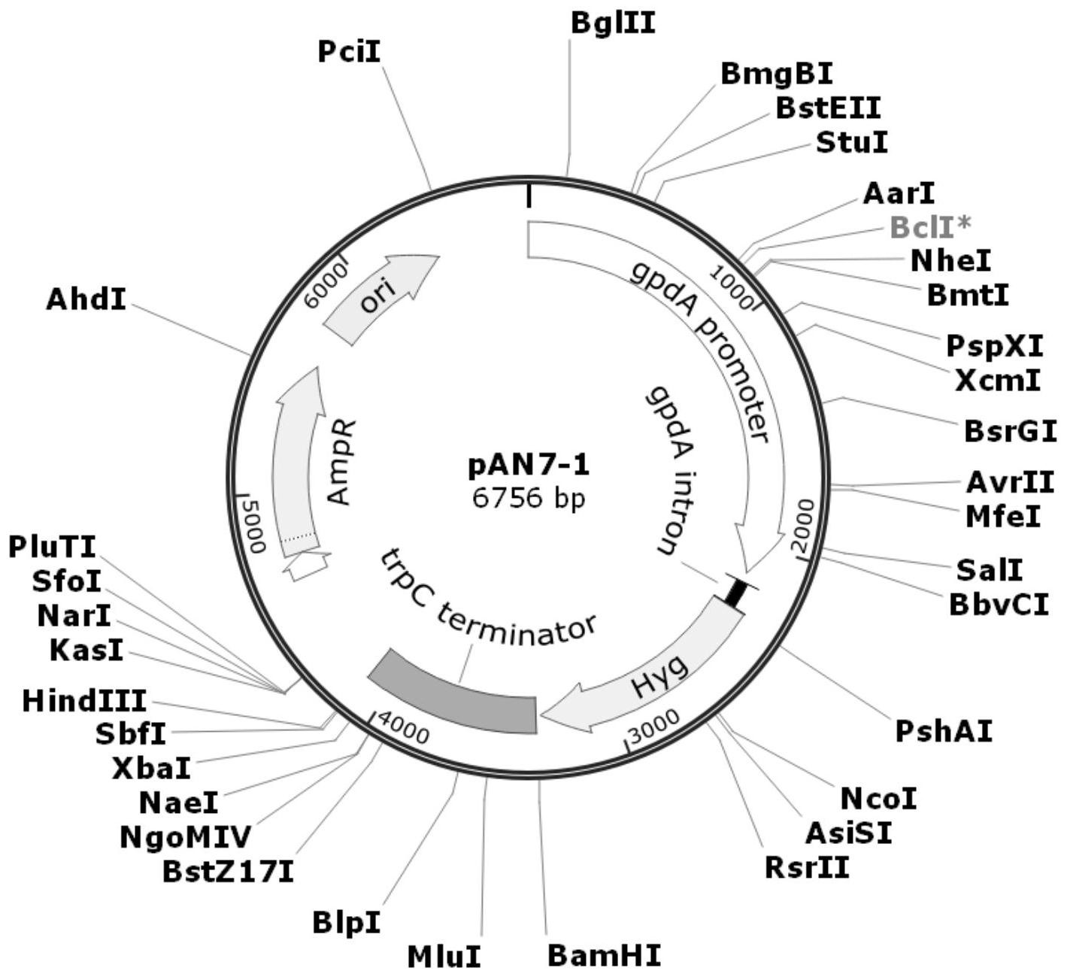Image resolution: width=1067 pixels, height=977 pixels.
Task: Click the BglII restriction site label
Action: click(x=613, y=23)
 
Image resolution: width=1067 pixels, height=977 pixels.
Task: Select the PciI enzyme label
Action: click(x=349, y=52)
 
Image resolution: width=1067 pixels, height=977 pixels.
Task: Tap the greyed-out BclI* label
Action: click(x=931, y=226)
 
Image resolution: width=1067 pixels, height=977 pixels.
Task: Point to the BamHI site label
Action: click(x=604, y=957)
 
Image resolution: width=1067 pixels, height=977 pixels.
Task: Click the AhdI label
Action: click(x=86, y=299)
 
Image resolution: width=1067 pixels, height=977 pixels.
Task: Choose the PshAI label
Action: click(x=944, y=730)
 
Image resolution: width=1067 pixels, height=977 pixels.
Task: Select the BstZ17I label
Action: click(x=228, y=872)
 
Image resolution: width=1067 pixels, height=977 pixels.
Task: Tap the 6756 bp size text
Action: click(x=529, y=498)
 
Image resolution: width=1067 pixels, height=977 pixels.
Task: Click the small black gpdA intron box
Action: click(x=735, y=590)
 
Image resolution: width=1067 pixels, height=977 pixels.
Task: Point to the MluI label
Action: click(x=444, y=957)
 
